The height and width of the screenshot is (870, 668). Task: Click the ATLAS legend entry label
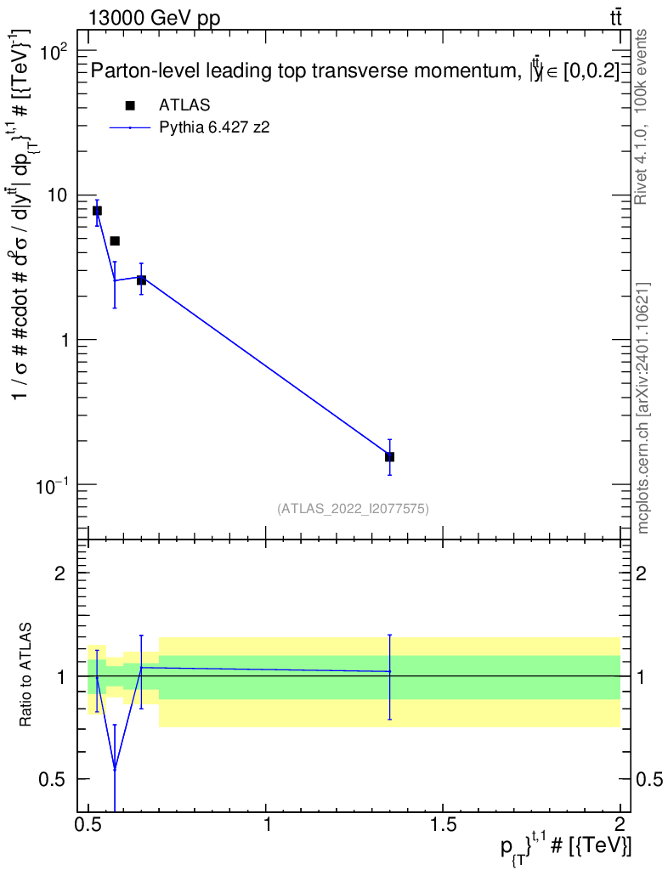click(184, 105)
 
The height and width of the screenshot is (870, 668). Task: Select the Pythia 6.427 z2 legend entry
click(214, 128)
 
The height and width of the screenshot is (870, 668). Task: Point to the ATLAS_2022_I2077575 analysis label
click(353, 509)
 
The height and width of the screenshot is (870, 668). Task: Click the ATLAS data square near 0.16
click(389, 457)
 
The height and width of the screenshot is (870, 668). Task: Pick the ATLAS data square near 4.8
click(115, 241)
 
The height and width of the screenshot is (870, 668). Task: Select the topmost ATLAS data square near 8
click(97, 211)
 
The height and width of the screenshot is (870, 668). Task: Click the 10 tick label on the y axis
click(57, 195)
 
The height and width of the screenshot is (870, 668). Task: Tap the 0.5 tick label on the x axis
click(88, 823)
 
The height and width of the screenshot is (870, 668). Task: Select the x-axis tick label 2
click(620, 823)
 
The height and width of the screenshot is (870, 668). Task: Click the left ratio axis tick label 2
click(61, 573)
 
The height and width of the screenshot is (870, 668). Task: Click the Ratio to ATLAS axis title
click(26, 676)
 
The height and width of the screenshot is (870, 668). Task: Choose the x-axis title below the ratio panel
click(564, 847)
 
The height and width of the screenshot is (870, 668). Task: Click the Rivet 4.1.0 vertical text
click(642, 116)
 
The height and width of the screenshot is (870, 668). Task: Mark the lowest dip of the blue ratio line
click(115, 769)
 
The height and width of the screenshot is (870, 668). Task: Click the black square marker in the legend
click(130, 105)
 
